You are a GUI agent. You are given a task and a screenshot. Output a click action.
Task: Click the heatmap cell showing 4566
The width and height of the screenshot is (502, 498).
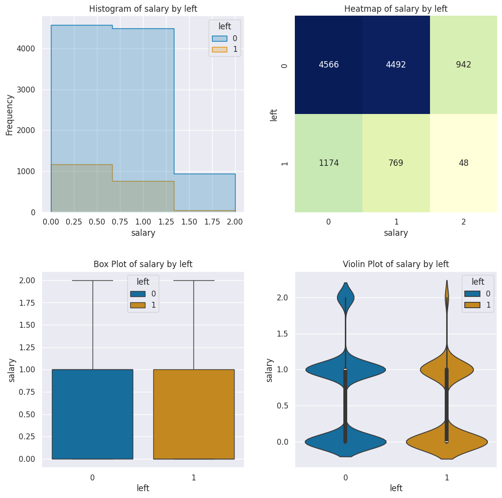coord(328,65)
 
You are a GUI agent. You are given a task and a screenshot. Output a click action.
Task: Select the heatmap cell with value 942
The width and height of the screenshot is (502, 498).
coord(463,65)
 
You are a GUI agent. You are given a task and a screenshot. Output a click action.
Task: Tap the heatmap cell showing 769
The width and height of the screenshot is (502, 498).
coord(396,163)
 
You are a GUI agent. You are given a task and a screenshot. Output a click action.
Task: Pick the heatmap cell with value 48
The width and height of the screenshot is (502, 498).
coord(463,163)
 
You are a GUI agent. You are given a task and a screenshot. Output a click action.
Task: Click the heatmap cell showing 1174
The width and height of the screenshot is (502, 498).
coord(328,163)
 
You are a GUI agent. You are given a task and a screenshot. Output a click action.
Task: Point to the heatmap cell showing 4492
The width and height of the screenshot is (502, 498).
coord(396,65)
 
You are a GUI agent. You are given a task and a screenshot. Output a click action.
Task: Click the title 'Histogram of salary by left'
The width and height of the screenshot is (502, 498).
coord(143,9)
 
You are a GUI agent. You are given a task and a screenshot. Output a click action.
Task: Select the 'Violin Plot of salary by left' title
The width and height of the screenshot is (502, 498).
coord(396,264)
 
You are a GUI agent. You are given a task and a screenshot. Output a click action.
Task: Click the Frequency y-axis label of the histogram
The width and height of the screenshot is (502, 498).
coord(10,114)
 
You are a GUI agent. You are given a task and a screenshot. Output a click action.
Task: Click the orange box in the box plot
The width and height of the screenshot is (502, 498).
coord(193,414)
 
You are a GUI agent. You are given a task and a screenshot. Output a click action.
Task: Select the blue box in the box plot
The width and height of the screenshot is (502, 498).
coord(93,414)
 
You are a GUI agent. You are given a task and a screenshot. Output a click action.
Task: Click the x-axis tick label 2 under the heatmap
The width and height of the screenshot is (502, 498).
coord(463,222)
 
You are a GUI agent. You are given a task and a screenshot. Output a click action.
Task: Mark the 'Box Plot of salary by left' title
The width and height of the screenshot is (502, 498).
coord(143,264)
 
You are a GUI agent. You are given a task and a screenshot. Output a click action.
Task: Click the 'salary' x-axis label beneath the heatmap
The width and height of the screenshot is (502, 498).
coord(396,233)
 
